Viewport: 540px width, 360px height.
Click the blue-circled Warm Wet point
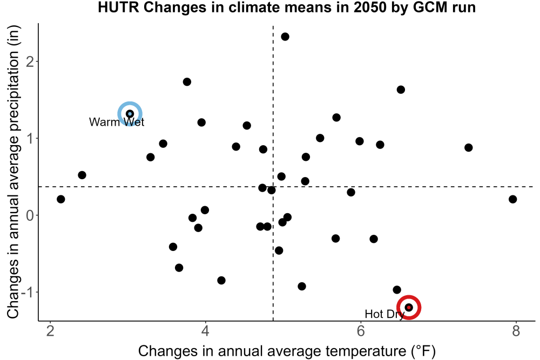coord(130,114)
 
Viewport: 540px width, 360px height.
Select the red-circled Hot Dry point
coord(409,307)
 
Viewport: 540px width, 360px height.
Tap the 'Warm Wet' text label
coord(117,122)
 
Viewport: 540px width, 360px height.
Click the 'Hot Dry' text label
coord(384,314)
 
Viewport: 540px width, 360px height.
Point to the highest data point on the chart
coord(285,37)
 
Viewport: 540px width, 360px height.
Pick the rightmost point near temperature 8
coord(512,199)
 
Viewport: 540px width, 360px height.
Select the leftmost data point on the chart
coord(60,199)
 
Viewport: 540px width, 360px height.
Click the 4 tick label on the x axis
coord(206,331)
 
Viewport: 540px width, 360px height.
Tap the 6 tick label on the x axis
coord(361,331)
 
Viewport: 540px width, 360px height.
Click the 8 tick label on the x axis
coord(516,331)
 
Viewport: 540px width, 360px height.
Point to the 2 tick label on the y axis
coord(30,62)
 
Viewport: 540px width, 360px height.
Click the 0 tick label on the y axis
coord(30,215)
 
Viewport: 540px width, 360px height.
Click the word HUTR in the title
coord(118,7)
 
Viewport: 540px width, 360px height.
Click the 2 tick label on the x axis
coord(50,331)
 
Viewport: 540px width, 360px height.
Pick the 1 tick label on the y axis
coord(30,138)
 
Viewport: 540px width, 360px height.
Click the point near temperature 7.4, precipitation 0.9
coord(468,148)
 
